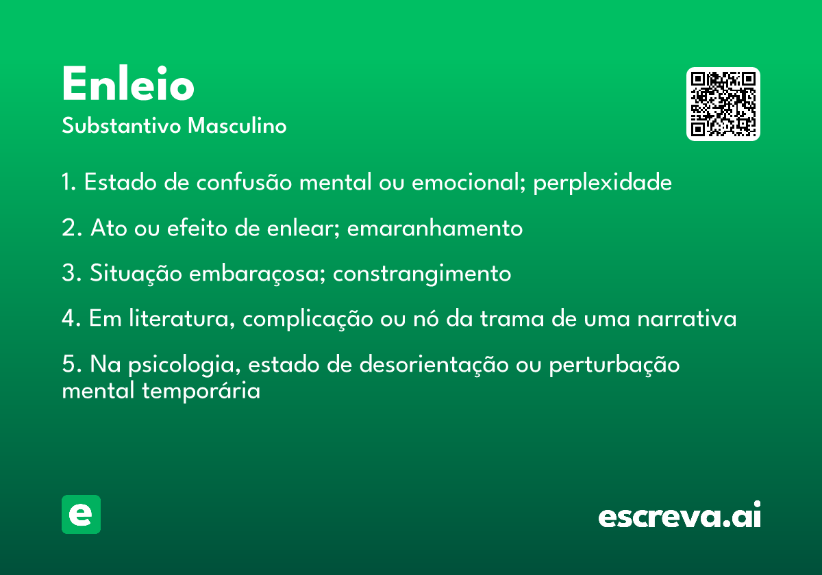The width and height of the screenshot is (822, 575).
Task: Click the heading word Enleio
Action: pyautogui.click(x=128, y=84)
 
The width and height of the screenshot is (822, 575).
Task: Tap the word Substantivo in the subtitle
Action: pyautogui.click(x=121, y=125)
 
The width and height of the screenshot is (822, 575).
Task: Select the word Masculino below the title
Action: pyautogui.click(x=237, y=125)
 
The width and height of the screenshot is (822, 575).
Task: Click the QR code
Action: pyautogui.click(x=723, y=104)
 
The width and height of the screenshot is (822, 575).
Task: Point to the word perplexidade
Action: pyautogui.click(x=602, y=183)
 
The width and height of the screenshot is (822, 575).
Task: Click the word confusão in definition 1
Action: pyautogui.click(x=244, y=181)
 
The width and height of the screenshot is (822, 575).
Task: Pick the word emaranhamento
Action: pyautogui.click(x=435, y=228)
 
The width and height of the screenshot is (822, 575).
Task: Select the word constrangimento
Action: pyautogui.click(x=422, y=274)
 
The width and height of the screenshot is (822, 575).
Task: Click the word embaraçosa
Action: pyautogui.click(x=258, y=274)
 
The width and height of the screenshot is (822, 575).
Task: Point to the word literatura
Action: pyautogui.click(x=182, y=318)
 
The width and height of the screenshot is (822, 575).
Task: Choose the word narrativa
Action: pyautogui.click(x=687, y=319)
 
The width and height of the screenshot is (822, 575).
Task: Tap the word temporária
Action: pyautogui.click(x=201, y=391)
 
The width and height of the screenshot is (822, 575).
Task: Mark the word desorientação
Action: pyautogui.click(x=434, y=365)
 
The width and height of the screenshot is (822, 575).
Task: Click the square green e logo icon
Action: pyautogui.click(x=81, y=514)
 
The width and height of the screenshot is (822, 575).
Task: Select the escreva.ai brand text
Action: pyautogui.click(x=680, y=515)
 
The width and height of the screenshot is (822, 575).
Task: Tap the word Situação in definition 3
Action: pyautogui.click(x=136, y=274)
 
